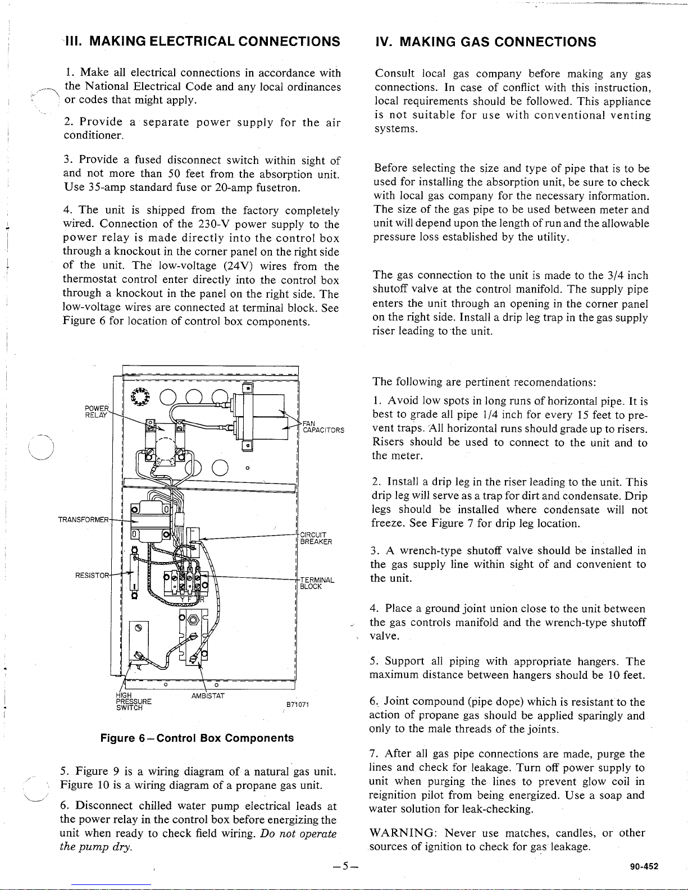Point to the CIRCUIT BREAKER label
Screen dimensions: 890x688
(316, 538)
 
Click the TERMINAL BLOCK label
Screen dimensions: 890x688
(317, 583)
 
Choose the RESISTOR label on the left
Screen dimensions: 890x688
(92, 574)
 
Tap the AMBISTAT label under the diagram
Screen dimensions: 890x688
(208, 696)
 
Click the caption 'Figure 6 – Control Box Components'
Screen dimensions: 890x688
(197, 738)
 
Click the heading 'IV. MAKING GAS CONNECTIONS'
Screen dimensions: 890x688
(485, 42)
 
